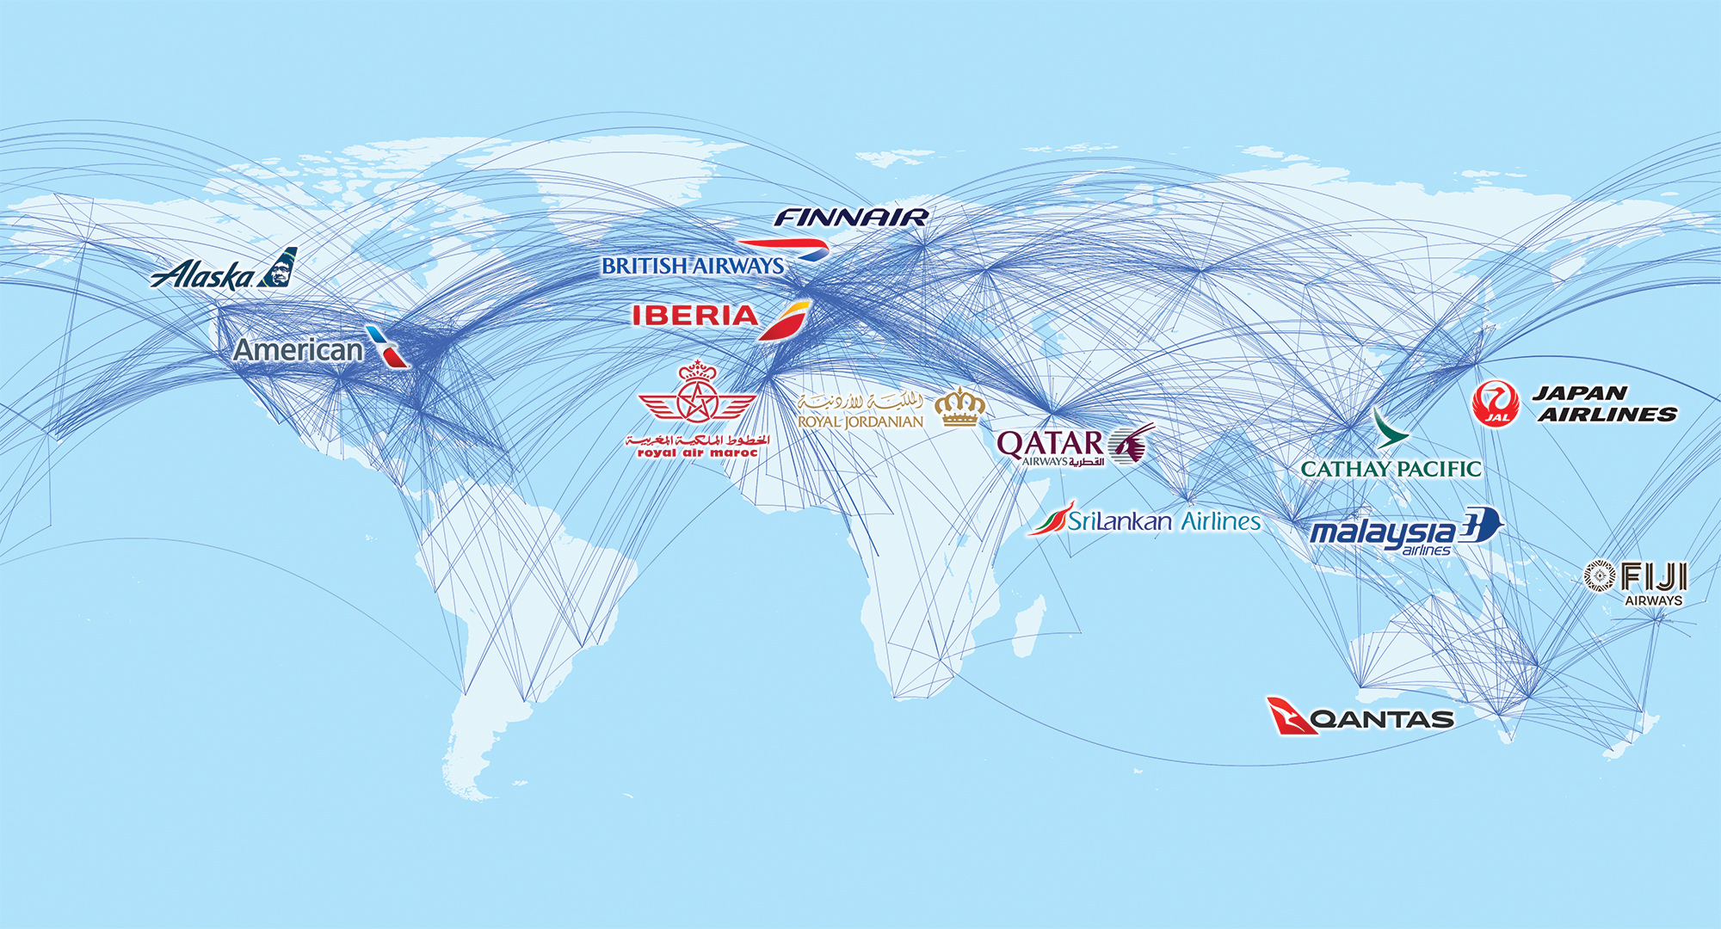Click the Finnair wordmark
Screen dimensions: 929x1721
point(850,218)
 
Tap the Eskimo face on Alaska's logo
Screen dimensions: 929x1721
point(280,268)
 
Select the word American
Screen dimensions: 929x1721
point(299,350)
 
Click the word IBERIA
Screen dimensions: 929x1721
point(695,316)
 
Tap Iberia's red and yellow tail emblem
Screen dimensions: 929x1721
point(785,320)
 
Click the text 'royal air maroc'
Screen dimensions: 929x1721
point(697,452)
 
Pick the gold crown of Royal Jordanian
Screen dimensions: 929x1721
point(959,407)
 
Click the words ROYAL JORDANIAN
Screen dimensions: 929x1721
point(860,421)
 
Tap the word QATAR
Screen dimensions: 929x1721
point(1050,444)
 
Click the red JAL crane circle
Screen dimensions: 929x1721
point(1496,404)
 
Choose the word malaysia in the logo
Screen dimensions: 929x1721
point(1381,532)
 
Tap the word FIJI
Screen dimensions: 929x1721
point(1653,576)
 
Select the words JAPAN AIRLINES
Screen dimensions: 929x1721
point(1605,403)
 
